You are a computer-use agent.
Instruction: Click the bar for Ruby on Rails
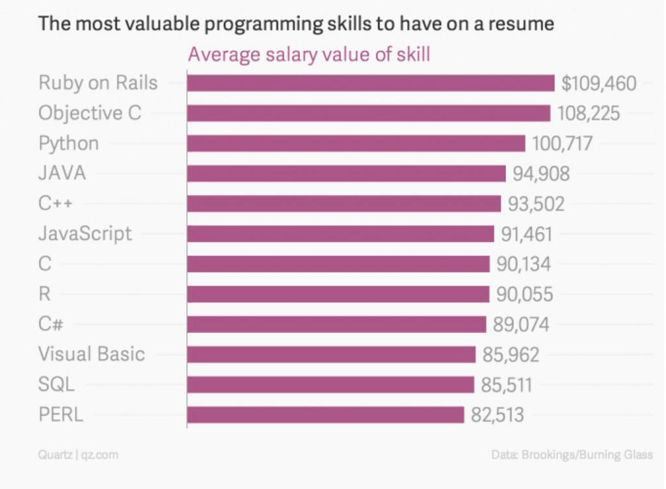[x=371, y=83]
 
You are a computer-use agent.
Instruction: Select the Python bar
[x=356, y=143]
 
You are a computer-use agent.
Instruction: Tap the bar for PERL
[x=325, y=415]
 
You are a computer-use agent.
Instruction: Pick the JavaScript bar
[x=340, y=233]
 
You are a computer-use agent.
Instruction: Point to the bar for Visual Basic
[x=331, y=354]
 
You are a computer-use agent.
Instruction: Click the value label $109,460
[x=599, y=83]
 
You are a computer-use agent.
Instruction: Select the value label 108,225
[x=589, y=113]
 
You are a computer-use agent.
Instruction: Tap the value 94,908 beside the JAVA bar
[x=541, y=174]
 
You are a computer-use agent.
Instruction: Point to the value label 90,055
[x=524, y=295]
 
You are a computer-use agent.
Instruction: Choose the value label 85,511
[x=507, y=385]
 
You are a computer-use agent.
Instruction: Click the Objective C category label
[x=90, y=113]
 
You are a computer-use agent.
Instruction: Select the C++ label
[x=55, y=204]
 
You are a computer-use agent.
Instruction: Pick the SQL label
[x=57, y=385]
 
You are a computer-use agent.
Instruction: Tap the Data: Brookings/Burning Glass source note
[x=572, y=455]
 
